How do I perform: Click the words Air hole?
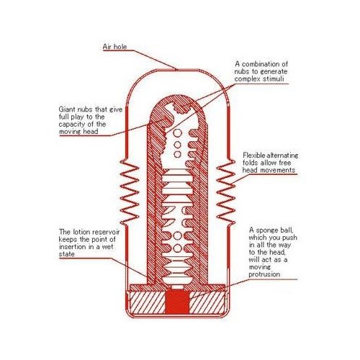[114, 47]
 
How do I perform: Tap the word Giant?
[67, 109]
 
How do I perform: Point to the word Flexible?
[254, 156]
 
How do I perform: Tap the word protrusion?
[264, 274]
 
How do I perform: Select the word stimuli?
[273, 78]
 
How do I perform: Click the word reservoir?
[106, 232]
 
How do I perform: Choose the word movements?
[278, 170]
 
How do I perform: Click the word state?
[66, 254]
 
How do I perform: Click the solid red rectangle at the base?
[177, 302]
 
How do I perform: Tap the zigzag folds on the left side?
[130, 192]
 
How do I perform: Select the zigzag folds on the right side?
[225, 192]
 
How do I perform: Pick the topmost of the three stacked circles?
[177, 133]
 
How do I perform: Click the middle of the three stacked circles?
[177, 145]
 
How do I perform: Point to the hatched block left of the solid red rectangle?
[148, 302]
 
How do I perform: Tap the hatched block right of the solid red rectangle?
[207, 302]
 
